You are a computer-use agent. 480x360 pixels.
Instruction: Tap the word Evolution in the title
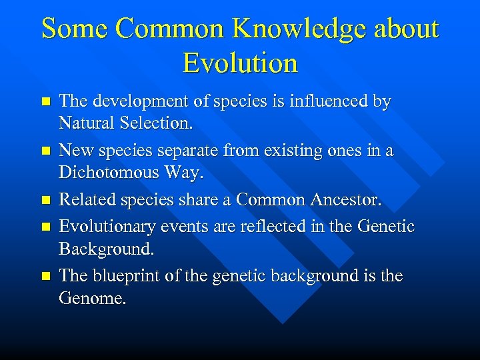point(240,63)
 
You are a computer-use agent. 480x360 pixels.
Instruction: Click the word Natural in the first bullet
point(85,123)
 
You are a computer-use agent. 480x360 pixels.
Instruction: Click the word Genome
point(91,297)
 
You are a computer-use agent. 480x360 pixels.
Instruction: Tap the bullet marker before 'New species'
point(45,151)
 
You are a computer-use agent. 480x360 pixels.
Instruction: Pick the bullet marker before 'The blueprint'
point(45,276)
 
